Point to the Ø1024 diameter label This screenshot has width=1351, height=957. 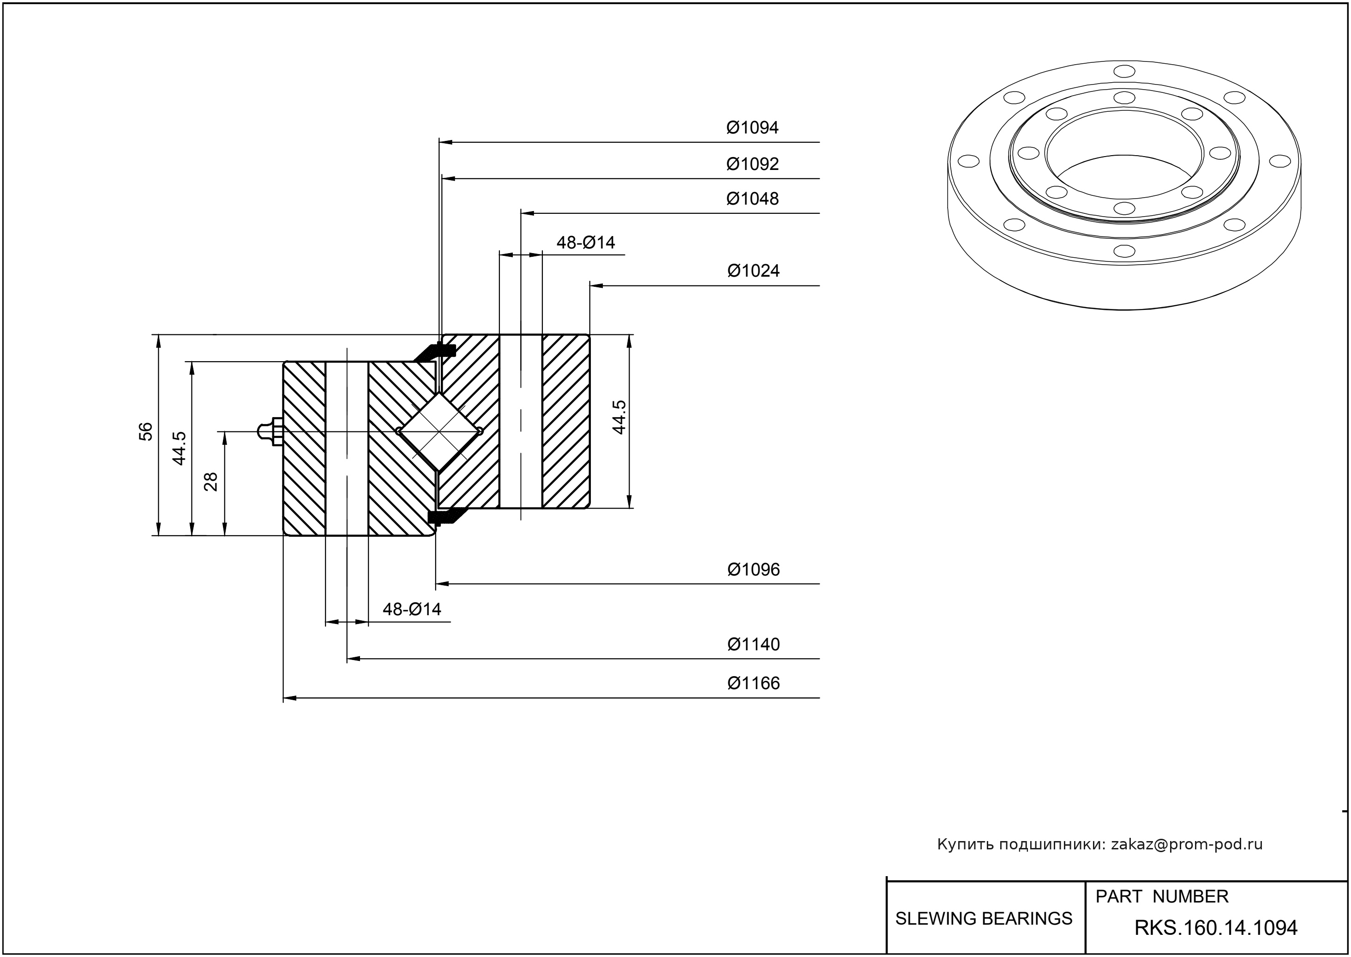[x=753, y=271]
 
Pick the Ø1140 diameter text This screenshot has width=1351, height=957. [x=753, y=644]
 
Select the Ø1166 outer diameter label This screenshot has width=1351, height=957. [x=753, y=684]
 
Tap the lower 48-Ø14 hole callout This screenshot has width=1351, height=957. [x=412, y=609]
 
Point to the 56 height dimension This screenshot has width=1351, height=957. [x=145, y=431]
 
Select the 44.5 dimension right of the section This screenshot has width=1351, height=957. [x=619, y=417]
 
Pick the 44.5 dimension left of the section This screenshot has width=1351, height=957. [x=179, y=448]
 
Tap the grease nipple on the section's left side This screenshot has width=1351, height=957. [x=270, y=431]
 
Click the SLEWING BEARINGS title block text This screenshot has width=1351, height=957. [x=984, y=919]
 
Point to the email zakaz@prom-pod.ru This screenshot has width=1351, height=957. [x=1186, y=844]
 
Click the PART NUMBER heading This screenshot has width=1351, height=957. [x=1161, y=897]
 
